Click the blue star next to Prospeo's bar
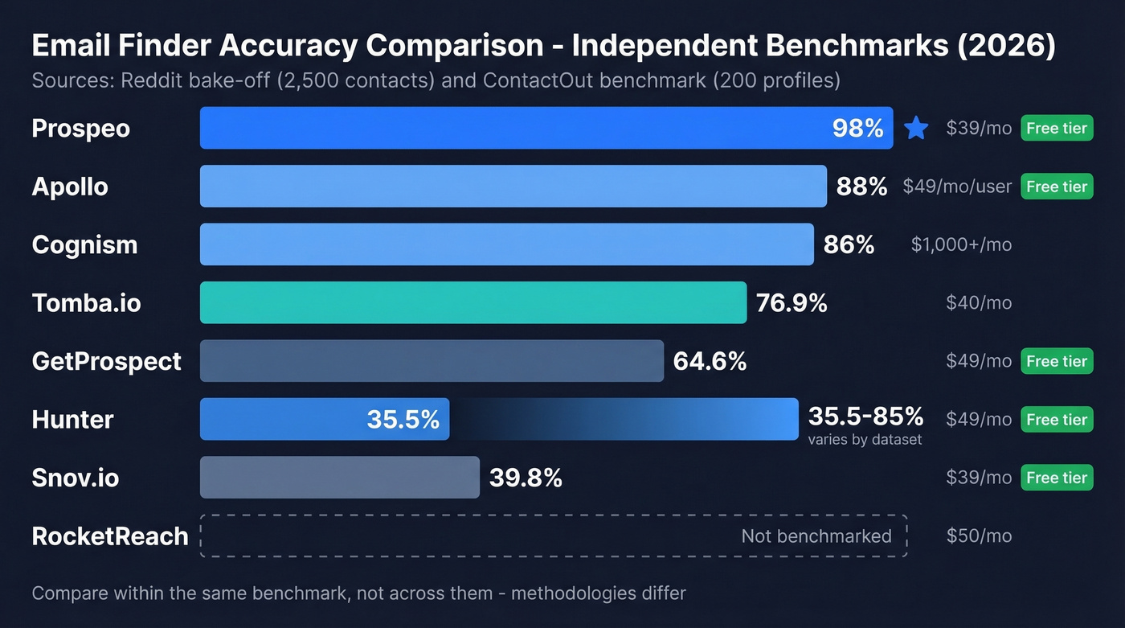[x=916, y=128]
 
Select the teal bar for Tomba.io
[x=472, y=302]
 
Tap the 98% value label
[x=857, y=128]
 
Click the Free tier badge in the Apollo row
[x=1057, y=187]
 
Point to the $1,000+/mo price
[x=961, y=244]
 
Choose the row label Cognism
[x=84, y=244]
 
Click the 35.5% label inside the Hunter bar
[x=403, y=419]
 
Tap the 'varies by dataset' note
[x=865, y=440]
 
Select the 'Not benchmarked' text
[x=816, y=536]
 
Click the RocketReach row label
[x=110, y=536]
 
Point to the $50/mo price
[x=979, y=536]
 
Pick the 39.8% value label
[x=526, y=478]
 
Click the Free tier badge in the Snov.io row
[x=1057, y=478]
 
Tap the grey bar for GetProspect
[x=432, y=361]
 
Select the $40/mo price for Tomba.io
[x=979, y=303]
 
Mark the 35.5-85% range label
[x=865, y=416]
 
